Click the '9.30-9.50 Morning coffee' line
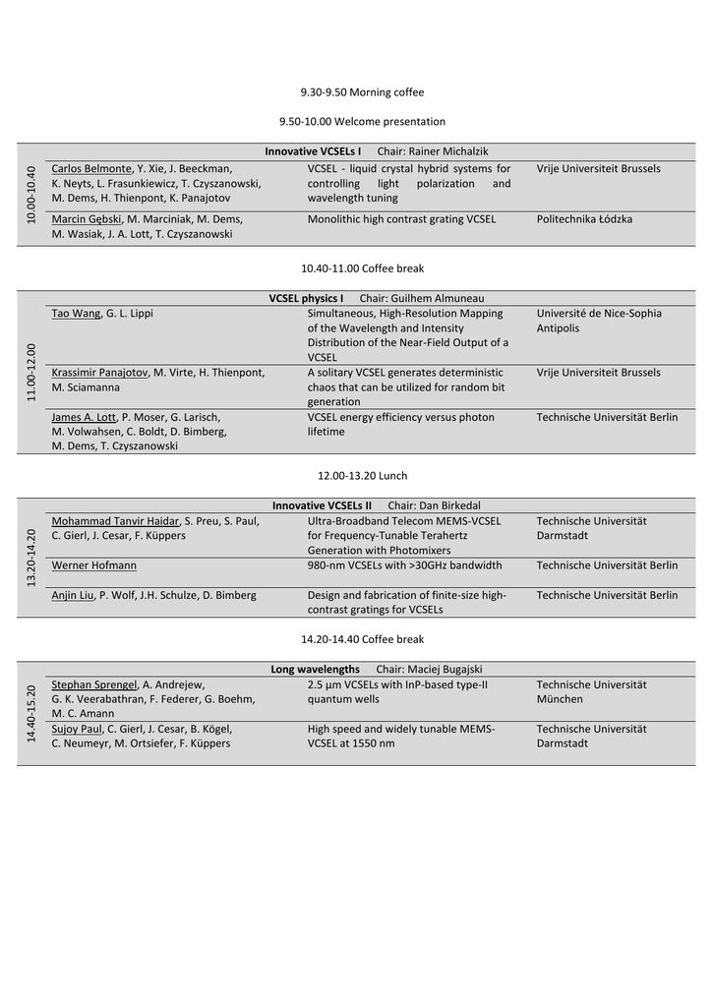362,92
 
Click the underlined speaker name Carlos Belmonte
90,169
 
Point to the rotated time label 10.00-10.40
31,194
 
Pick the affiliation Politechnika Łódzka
584,219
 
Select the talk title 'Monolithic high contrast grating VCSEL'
401,219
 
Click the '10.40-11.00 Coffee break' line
362,268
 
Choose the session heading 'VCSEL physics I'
306,298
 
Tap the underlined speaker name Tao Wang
76,314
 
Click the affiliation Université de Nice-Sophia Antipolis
599,321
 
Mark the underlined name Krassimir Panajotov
99,373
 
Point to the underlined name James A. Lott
84,417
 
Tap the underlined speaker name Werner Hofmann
93,565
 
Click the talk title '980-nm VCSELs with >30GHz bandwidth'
404,565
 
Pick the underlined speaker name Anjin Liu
72,595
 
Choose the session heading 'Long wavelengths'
315,670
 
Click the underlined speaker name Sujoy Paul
77,730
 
